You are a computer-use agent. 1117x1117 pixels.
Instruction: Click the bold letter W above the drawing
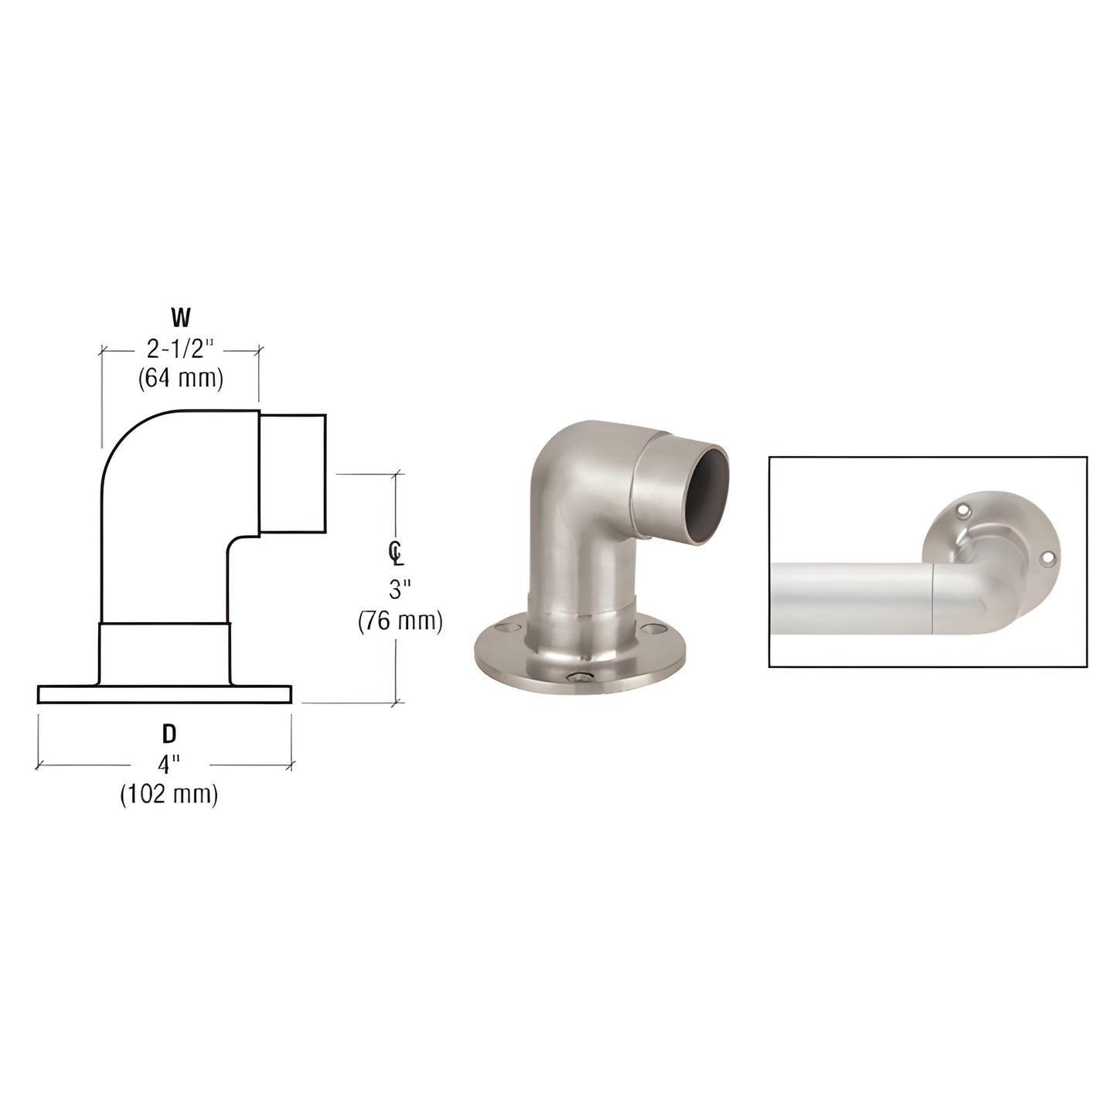(180, 316)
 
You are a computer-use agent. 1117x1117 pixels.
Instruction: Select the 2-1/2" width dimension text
(180, 349)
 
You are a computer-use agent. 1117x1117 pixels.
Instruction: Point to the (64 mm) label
(180, 379)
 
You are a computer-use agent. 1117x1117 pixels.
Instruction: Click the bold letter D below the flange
(169, 734)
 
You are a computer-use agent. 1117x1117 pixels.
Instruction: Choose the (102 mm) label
(169, 794)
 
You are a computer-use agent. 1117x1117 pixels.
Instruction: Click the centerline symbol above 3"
(396, 552)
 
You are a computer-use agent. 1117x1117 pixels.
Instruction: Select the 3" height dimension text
(398, 591)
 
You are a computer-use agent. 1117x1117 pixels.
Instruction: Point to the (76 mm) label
(400, 621)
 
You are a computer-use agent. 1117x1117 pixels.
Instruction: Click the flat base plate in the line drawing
(164, 694)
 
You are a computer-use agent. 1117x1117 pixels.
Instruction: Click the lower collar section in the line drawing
(164, 652)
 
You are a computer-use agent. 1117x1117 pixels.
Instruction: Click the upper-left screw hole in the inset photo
(962, 511)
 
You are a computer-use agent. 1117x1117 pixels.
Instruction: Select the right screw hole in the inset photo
(1047, 556)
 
